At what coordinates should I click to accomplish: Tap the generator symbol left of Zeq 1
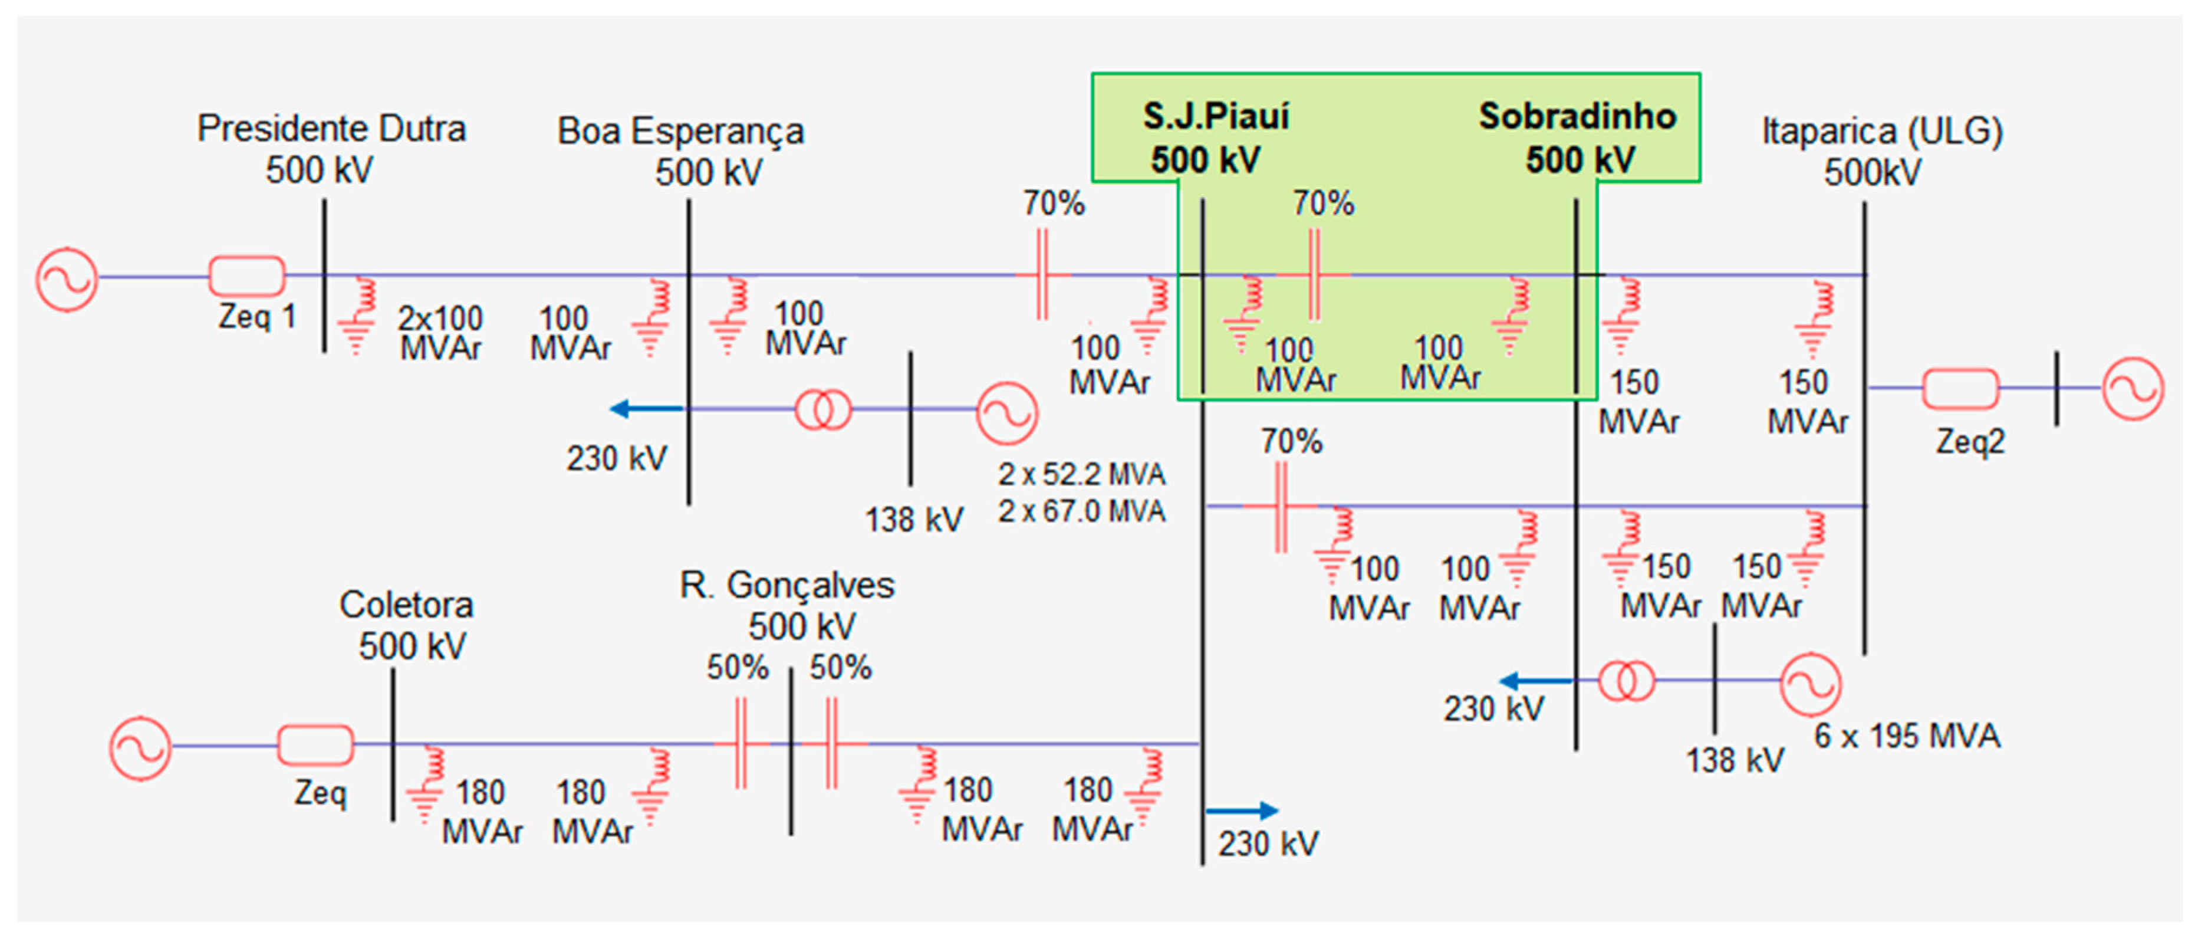67,278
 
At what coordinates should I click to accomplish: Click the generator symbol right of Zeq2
2133,389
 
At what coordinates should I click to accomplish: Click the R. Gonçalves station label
787,585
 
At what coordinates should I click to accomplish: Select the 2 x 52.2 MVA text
1081,474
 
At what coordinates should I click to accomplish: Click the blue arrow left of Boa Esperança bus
646,409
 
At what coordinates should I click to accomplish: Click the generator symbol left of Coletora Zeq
140,747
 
